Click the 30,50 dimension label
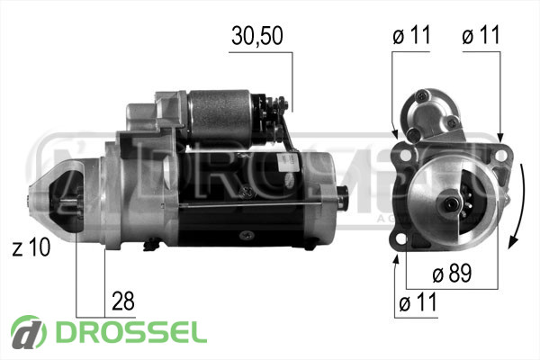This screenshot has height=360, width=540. click(x=257, y=36)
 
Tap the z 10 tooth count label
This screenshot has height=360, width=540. click(x=31, y=247)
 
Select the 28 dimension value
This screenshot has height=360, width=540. click(x=123, y=301)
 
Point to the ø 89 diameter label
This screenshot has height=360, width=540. click(x=452, y=274)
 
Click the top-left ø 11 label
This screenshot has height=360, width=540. click(x=411, y=35)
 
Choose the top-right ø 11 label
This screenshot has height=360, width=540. click(x=481, y=35)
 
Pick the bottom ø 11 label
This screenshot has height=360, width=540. click(x=418, y=302)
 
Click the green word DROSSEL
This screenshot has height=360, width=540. click(x=131, y=332)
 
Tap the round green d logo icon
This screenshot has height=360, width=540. click(x=29, y=332)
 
